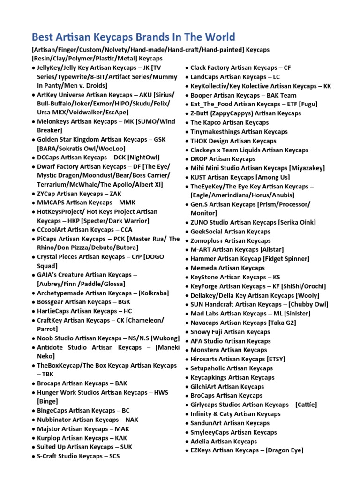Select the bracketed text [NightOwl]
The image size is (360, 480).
pyautogui.click(x=147, y=157)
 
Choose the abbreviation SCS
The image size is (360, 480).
pyautogui.click(x=114, y=456)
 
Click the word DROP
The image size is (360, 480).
pyautogui.click(x=199, y=159)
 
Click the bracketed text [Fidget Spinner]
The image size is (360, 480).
pyautogui.click(x=286, y=259)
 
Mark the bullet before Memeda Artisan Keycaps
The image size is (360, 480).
pyautogui.click(x=187, y=268)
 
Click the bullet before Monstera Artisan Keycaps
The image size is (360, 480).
pyautogui.click(x=187, y=350)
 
